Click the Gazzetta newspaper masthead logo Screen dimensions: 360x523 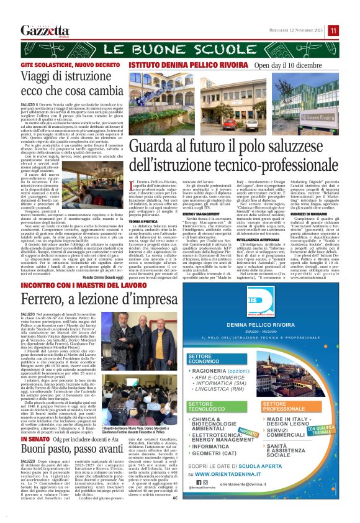45,30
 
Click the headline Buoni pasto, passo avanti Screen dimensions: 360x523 65,448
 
